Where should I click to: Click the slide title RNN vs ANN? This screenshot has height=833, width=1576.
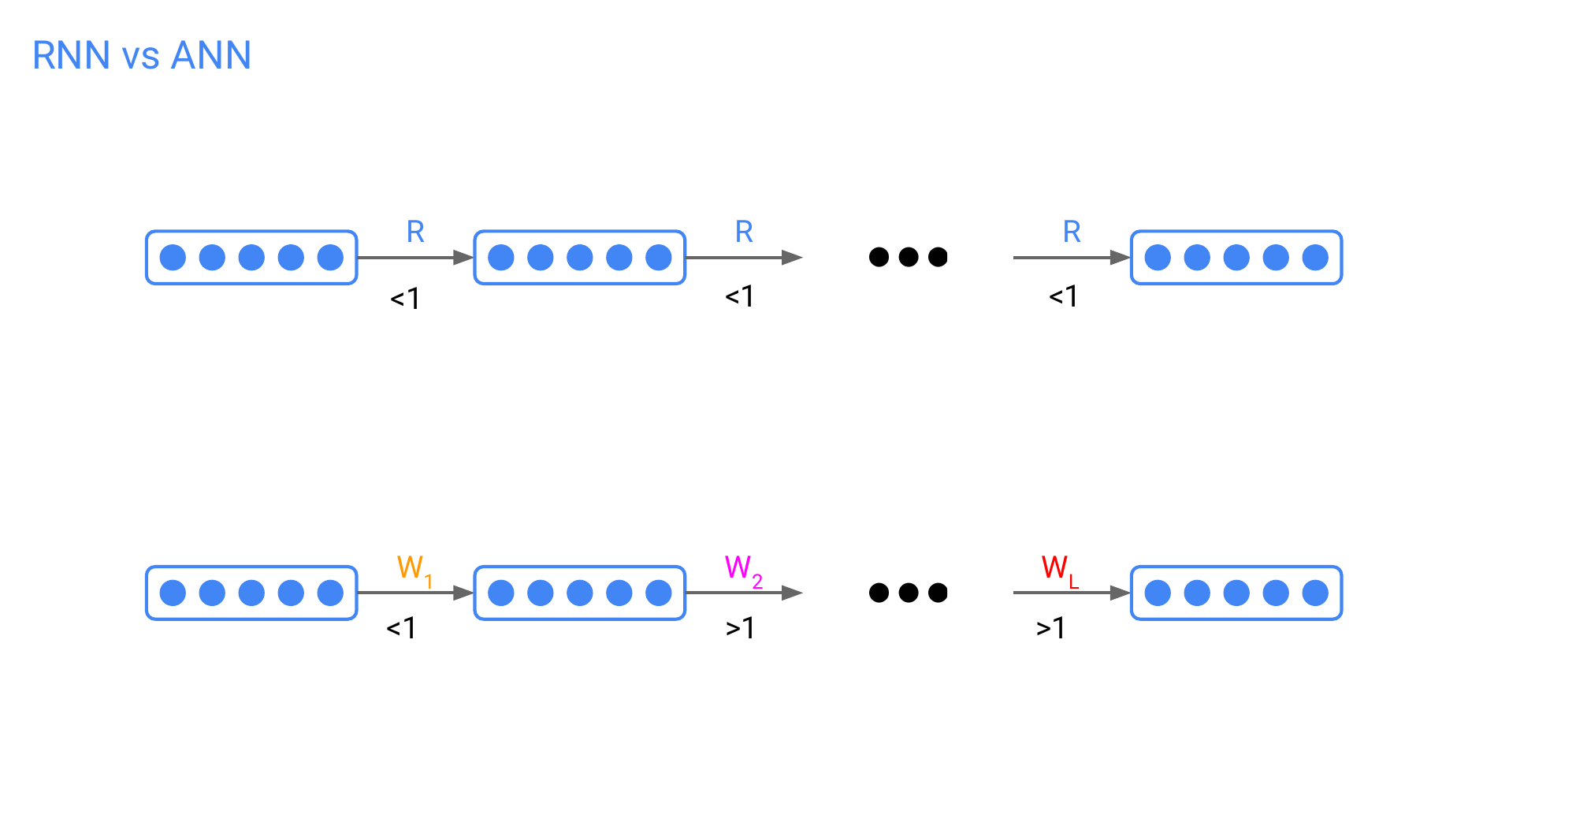[x=142, y=56]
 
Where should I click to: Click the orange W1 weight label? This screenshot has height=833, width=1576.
[x=414, y=569]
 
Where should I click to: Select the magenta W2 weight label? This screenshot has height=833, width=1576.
[x=742, y=569]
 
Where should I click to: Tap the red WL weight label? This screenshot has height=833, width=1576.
[x=1058, y=569]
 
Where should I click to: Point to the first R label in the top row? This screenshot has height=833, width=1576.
[x=415, y=232]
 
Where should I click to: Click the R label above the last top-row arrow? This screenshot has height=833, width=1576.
[x=1072, y=232]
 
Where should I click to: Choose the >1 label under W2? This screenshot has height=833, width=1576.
[x=740, y=628]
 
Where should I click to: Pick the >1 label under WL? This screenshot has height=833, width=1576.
[x=1050, y=628]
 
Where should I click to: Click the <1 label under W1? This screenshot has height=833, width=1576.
[x=401, y=628]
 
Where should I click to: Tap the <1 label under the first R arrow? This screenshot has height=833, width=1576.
[x=405, y=299]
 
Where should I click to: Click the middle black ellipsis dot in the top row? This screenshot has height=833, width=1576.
[x=909, y=257]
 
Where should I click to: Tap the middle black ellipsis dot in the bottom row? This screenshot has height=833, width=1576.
[x=909, y=593]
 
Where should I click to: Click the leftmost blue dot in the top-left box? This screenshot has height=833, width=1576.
[x=173, y=258]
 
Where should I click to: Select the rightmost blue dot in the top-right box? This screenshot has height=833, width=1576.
[x=1315, y=258]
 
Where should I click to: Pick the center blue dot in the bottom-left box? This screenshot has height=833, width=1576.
[x=251, y=593]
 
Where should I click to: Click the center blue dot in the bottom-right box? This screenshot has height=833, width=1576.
[x=1236, y=593]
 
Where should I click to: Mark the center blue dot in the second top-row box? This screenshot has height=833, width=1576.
[x=580, y=258]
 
